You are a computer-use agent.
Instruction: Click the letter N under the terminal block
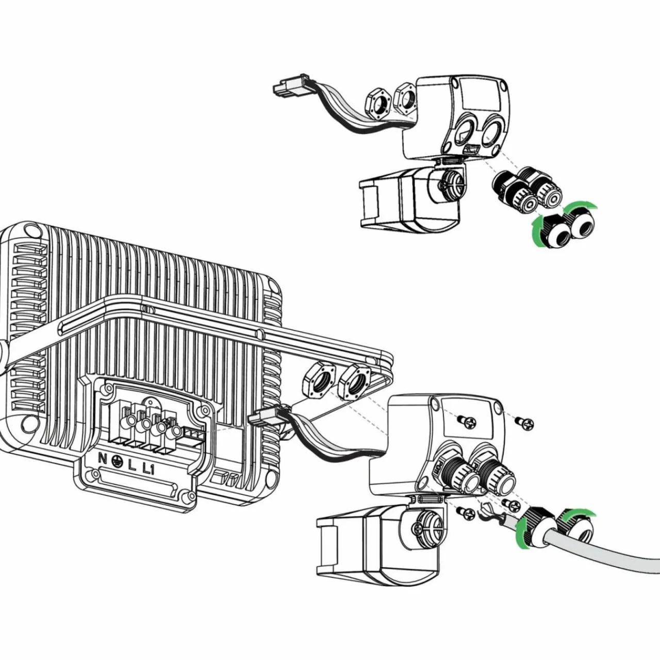pos(103,457)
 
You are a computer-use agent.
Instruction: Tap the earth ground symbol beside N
pos(116,460)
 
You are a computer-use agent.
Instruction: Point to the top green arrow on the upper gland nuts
pos(581,206)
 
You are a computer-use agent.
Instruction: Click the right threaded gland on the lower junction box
pos(497,470)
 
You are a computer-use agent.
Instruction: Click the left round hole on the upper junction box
pos(465,132)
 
